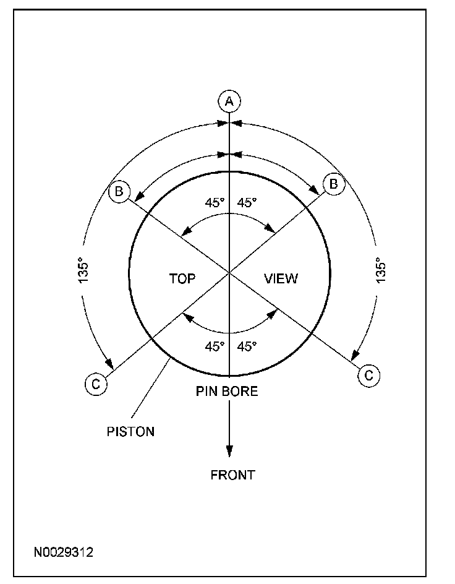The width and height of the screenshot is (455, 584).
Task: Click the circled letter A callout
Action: tap(229, 100)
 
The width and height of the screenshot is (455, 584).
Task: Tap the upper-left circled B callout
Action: tap(117, 191)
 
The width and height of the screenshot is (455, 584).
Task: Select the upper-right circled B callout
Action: tap(333, 184)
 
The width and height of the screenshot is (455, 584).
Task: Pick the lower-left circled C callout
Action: tap(96, 384)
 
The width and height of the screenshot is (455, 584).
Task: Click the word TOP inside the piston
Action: tap(182, 279)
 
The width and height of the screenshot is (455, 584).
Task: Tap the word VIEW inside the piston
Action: tap(281, 279)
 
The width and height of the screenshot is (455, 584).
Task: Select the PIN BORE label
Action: tap(227, 391)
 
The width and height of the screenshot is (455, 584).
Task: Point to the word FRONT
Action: tap(232, 475)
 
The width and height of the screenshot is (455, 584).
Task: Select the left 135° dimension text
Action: tap(84, 270)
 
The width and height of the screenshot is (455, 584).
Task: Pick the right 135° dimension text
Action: tap(381, 270)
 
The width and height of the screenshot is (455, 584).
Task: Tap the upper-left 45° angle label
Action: tap(215, 203)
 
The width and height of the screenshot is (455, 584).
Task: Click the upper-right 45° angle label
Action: tap(247, 203)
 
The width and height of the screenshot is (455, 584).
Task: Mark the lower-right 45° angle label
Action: tap(247, 346)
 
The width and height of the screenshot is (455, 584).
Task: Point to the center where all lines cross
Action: tap(229, 272)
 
